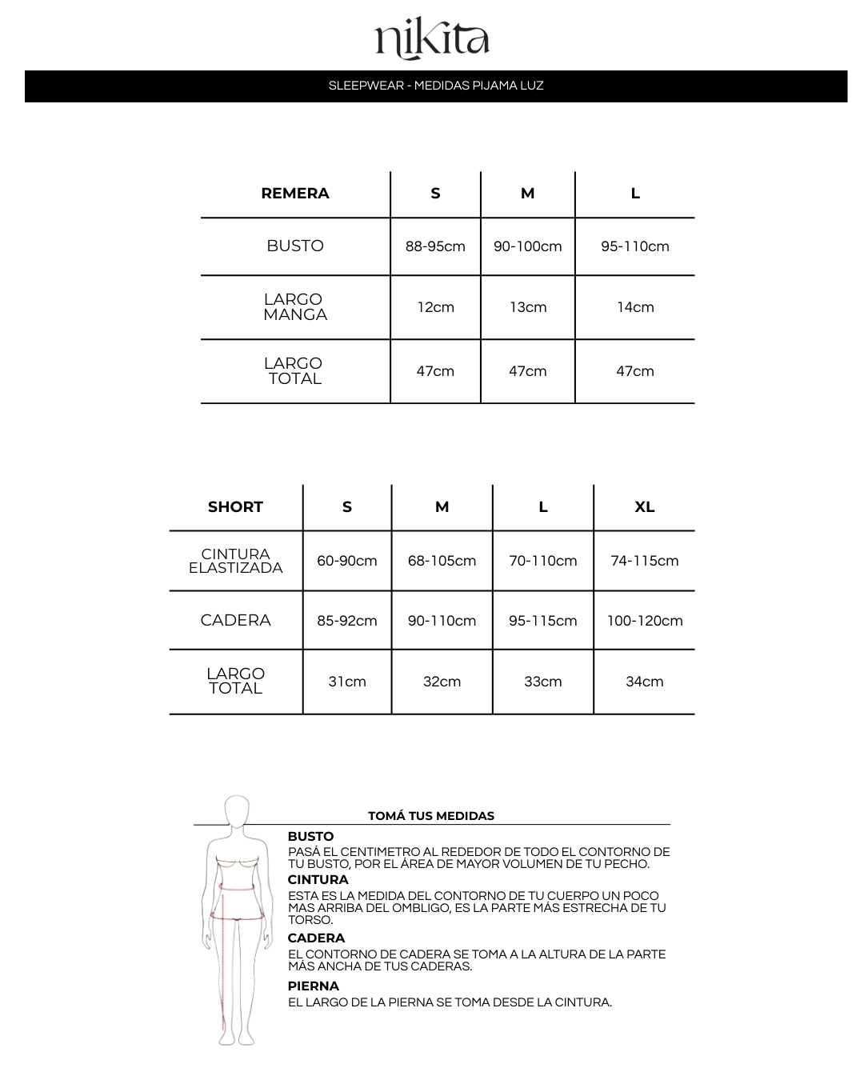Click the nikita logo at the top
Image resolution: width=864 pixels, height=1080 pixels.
[432, 40]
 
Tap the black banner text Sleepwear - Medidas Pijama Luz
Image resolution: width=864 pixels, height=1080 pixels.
[436, 86]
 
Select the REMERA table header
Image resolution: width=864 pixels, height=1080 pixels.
[295, 194]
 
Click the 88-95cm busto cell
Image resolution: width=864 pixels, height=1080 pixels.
[435, 246]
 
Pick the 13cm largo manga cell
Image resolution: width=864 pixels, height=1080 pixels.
[528, 307]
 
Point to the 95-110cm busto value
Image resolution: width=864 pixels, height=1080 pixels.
[635, 246]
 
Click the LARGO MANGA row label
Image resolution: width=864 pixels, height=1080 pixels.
[295, 307]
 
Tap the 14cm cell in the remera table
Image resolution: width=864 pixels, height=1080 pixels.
[635, 307]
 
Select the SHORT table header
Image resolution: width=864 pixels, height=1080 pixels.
[235, 507]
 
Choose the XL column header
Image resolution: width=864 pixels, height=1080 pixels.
[644, 507]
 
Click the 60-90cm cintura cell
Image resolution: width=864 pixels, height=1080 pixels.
[347, 561]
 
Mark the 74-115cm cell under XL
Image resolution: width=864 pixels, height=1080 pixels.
[644, 561]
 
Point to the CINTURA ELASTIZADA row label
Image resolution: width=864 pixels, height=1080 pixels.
[235, 561]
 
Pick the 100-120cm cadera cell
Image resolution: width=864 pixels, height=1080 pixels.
[644, 621]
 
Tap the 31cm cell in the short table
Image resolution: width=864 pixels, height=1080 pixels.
[347, 682]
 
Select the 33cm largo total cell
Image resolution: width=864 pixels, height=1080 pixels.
[543, 682]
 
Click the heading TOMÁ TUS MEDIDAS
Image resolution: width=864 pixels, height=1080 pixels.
[431, 816]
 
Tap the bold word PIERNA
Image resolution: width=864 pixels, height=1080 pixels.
[314, 986]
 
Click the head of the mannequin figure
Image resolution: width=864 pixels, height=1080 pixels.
[237, 811]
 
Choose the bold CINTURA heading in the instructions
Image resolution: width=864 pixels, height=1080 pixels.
[318, 880]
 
